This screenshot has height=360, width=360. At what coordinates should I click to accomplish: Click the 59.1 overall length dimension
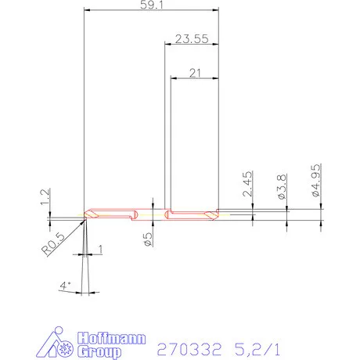click(150, 4)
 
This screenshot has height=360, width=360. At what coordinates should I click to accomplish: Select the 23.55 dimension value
click(190, 38)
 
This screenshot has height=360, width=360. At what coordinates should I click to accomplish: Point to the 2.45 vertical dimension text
click(247, 189)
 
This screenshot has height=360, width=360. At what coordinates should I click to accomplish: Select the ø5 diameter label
click(148, 239)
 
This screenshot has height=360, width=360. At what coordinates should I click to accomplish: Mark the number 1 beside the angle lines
click(100, 249)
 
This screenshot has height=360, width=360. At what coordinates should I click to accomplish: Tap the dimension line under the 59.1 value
click(150, 10)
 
